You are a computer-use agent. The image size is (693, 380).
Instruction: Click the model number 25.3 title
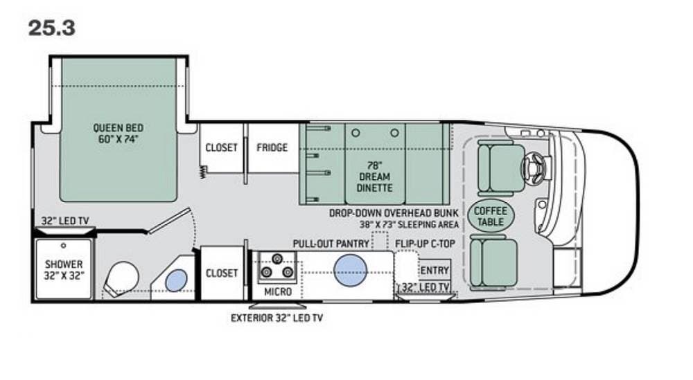point(52,28)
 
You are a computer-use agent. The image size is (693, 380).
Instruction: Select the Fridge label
point(272,147)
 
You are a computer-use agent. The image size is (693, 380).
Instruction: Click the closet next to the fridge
point(221,148)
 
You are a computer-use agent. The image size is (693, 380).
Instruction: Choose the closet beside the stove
point(222,273)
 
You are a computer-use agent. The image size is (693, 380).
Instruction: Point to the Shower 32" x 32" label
point(64,270)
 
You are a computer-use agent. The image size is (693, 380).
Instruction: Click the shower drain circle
point(63,246)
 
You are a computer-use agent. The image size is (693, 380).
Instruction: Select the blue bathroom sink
point(176,280)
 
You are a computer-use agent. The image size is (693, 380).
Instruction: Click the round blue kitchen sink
point(350,270)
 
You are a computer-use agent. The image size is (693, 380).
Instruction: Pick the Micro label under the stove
point(278,291)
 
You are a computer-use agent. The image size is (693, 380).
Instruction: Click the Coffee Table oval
point(491,216)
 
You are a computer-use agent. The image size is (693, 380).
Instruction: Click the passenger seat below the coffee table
point(493,262)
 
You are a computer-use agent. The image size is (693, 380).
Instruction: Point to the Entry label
point(435,270)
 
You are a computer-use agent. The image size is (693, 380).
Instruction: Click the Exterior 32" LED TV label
point(277,318)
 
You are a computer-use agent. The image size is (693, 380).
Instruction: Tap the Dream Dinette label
point(375,177)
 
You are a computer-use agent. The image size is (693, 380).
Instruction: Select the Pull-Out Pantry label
point(331,244)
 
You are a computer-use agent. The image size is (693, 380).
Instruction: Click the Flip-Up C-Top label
point(425,244)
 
